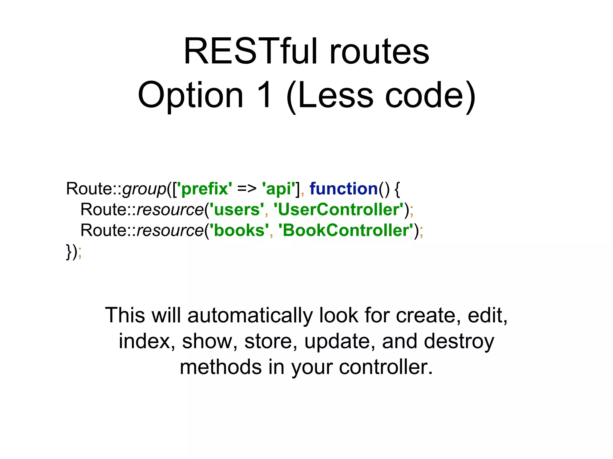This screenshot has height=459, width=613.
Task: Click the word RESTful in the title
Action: (x=253, y=51)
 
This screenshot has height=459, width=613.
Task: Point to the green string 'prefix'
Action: (x=204, y=189)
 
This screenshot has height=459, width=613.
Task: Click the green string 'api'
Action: (x=278, y=189)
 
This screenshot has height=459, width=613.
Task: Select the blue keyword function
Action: (x=344, y=189)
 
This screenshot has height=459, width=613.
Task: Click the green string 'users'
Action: (x=237, y=209)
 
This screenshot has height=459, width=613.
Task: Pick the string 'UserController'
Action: (x=339, y=209)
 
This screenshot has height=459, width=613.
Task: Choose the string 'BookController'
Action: (x=346, y=230)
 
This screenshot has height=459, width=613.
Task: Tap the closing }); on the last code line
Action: (x=74, y=252)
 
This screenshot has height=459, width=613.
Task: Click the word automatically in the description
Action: (x=250, y=316)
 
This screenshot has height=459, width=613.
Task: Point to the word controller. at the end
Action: (x=386, y=367)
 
